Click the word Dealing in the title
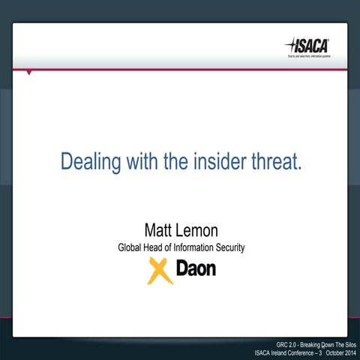[87, 161]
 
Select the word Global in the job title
[131, 247]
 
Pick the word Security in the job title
[229, 247]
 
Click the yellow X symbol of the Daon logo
[160, 270]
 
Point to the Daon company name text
[196, 268]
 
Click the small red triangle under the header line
[29, 73]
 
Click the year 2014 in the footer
[346, 353]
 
